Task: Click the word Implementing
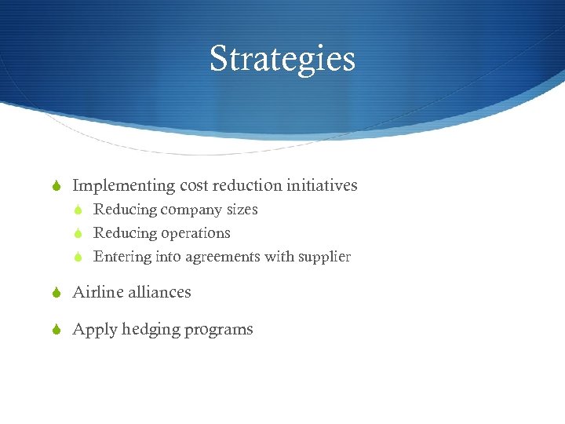click(x=123, y=186)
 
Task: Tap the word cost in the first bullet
click(x=193, y=186)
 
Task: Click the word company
click(x=191, y=210)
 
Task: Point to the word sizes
click(x=242, y=210)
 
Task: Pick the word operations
click(x=195, y=234)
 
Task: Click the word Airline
click(x=97, y=292)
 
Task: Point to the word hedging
click(x=148, y=330)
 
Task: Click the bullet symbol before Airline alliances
click(x=56, y=293)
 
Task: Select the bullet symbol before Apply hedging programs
click(x=56, y=330)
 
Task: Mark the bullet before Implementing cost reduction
click(x=56, y=187)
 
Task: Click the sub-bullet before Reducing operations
click(x=78, y=234)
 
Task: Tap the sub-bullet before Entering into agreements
click(x=78, y=258)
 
